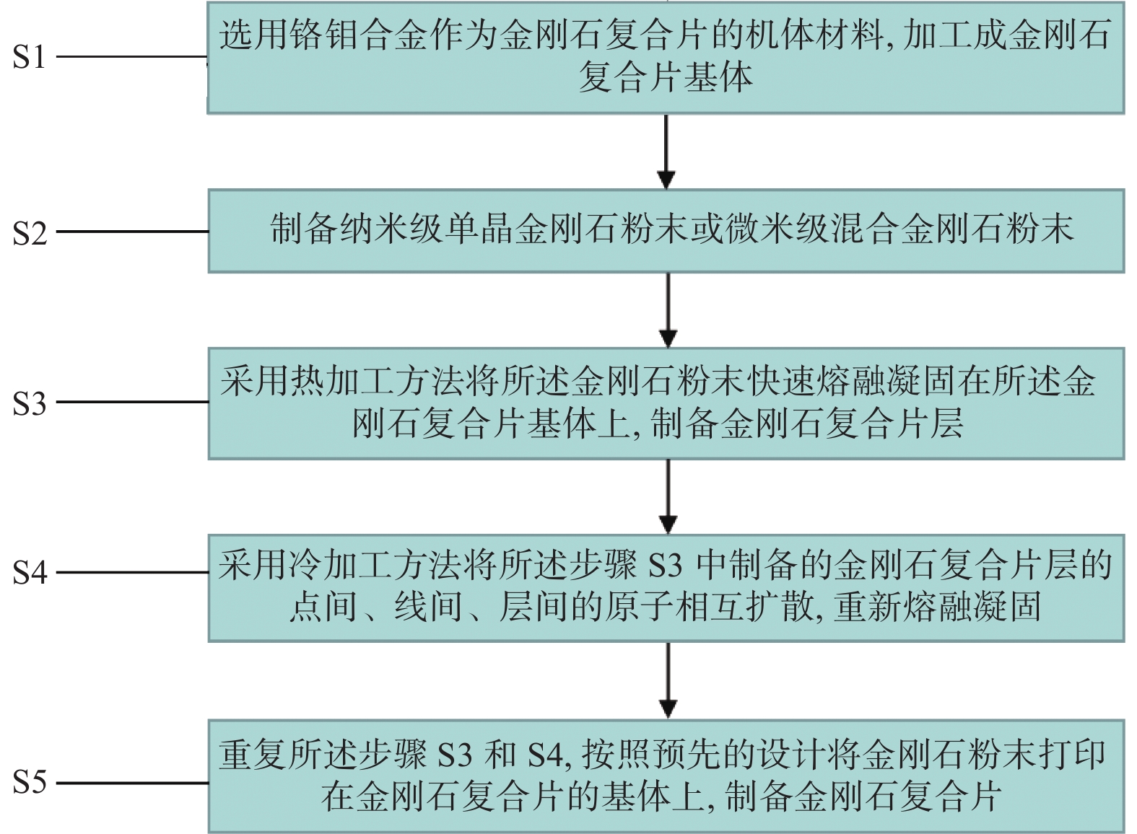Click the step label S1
pyautogui.click(x=29, y=57)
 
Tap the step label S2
pyautogui.click(x=30, y=233)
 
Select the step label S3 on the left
pyautogui.click(x=30, y=403)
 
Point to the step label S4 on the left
pyautogui.click(x=30, y=573)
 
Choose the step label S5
pyautogui.click(x=30, y=782)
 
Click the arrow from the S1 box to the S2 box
pyautogui.click(x=666, y=152)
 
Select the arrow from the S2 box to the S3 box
pyautogui.click(x=668, y=310)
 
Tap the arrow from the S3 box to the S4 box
pyautogui.click(x=668, y=496)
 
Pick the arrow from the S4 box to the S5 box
pyautogui.click(x=668, y=680)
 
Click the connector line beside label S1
pyautogui.click(x=132, y=56)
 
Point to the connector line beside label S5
pyautogui.click(x=132, y=783)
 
